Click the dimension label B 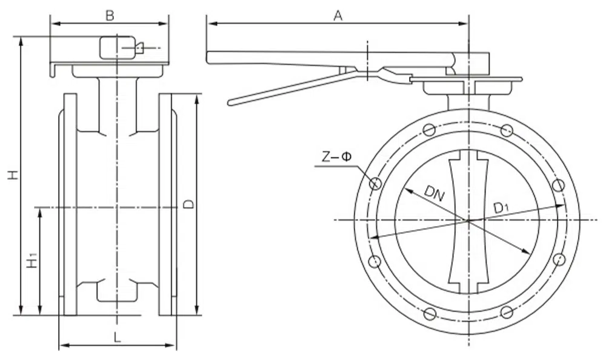coord(109,16)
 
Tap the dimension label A coord(338,16)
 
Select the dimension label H coord(12,175)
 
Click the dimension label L coord(118,338)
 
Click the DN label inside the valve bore coord(433,193)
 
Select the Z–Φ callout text coord(336,157)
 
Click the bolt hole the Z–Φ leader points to coord(375,183)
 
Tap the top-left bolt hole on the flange coord(429,129)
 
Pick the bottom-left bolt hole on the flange coord(429,313)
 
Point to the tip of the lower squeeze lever coord(230,102)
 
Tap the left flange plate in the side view coord(70,204)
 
